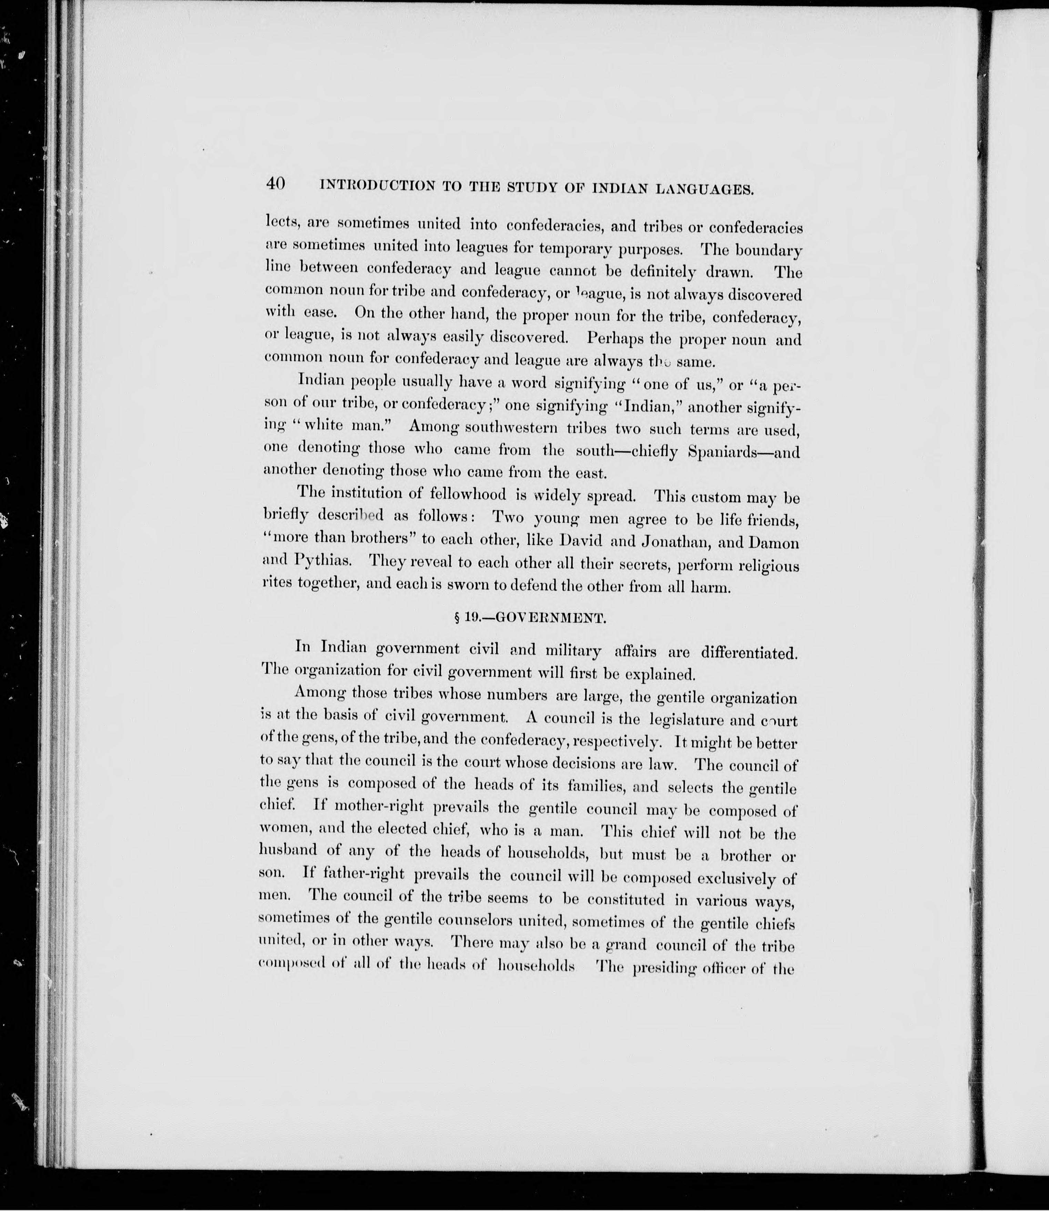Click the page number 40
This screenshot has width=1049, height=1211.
point(275,183)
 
